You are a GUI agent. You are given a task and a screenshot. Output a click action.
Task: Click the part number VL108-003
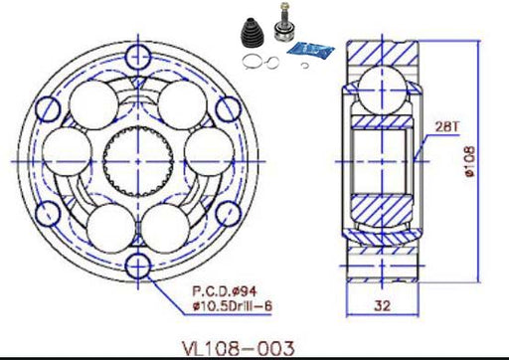(239, 349)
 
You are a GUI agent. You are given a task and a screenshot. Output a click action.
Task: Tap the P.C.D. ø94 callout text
(225, 291)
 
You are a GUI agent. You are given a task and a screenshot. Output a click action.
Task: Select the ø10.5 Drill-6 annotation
(233, 305)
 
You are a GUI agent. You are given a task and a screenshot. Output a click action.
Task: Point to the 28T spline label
(447, 126)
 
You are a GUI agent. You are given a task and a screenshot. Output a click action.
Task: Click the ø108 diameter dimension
(470, 162)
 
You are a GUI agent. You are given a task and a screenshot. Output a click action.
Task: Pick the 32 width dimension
(382, 305)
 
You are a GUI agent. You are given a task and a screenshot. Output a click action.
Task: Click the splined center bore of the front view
(138, 161)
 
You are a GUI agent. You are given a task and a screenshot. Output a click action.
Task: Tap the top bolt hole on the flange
(138, 57)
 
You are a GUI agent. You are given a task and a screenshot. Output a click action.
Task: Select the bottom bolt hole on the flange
(138, 266)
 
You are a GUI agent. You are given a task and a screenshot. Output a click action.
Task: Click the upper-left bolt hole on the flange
(48, 109)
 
